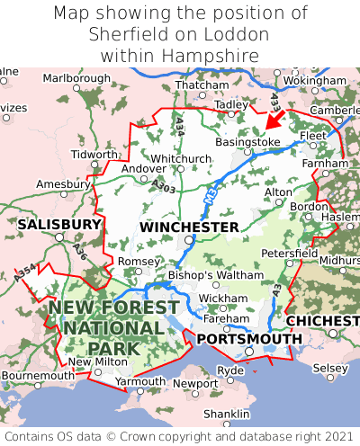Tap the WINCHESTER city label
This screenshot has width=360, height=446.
click(189, 227)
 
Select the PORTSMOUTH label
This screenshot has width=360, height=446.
click(249, 338)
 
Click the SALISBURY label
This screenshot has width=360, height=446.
click(59, 223)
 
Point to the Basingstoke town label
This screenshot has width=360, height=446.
click(249, 142)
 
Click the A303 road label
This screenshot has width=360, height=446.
click(164, 185)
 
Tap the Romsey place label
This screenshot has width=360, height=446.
click(138, 261)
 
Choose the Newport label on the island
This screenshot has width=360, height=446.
click(194, 383)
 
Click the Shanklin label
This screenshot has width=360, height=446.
click(226, 413)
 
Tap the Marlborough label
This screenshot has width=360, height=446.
click(76, 78)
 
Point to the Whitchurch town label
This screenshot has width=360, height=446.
click(181, 158)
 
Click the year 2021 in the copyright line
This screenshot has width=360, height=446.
click(335, 436)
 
